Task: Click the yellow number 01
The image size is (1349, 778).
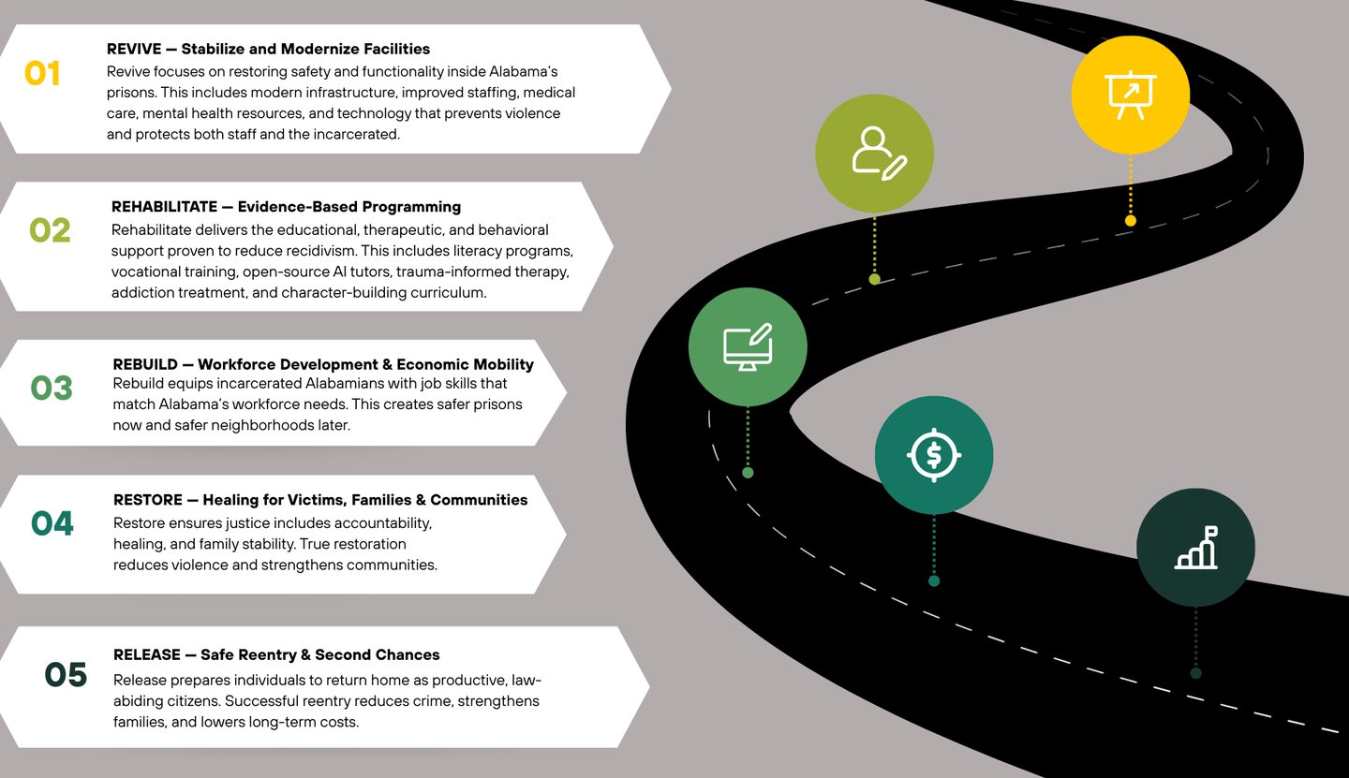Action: pyautogui.click(x=42, y=74)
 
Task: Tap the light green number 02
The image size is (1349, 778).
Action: pyautogui.click(x=50, y=230)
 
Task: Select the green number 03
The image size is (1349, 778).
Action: pyautogui.click(x=52, y=388)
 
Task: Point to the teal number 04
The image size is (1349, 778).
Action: pyautogui.click(x=52, y=523)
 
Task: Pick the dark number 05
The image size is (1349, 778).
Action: pyautogui.click(x=66, y=675)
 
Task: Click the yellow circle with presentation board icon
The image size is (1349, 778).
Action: pyautogui.click(x=1131, y=95)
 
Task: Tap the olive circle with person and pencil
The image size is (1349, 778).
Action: pyautogui.click(x=874, y=154)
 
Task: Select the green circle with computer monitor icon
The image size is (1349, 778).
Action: pyautogui.click(x=748, y=347)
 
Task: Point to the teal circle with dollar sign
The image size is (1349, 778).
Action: pyautogui.click(x=934, y=455)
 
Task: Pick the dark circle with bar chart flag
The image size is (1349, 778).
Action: pyautogui.click(x=1195, y=548)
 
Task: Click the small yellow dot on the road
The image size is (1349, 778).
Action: pyautogui.click(x=1131, y=221)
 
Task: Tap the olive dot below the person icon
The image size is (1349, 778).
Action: pyautogui.click(x=874, y=279)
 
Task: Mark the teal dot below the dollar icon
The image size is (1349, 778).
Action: pyautogui.click(x=934, y=581)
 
